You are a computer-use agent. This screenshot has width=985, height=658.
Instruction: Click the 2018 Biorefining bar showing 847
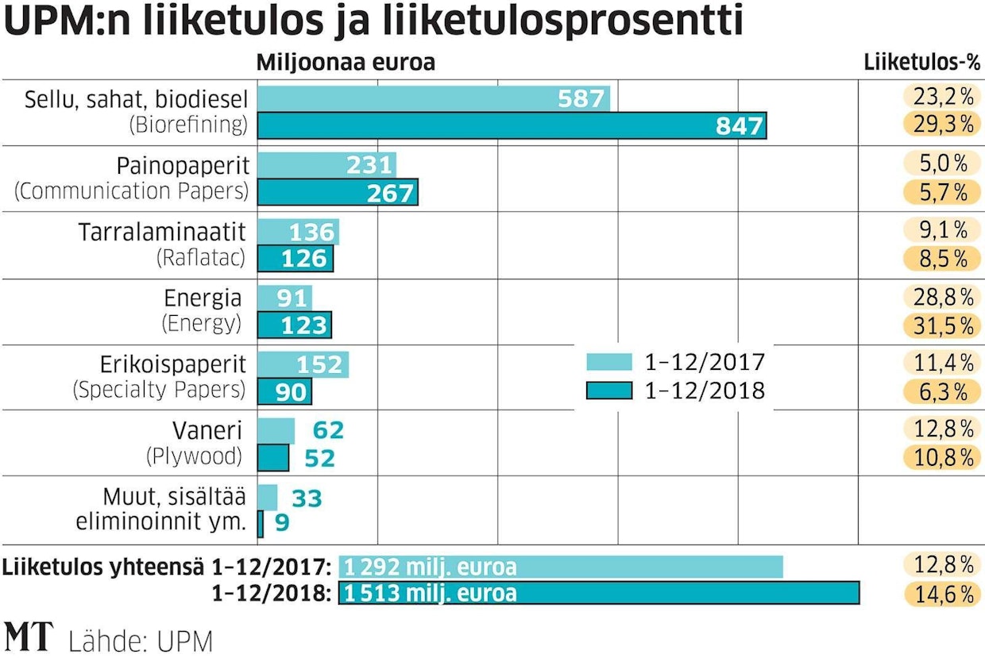[x=512, y=126]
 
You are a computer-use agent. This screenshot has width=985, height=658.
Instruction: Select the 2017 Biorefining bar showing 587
[x=435, y=99]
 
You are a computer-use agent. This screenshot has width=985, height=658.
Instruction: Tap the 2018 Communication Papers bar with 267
[x=338, y=193]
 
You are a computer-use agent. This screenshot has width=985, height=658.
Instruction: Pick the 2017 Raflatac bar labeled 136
[x=299, y=233]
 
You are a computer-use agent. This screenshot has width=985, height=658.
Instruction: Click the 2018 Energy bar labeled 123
[x=295, y=325]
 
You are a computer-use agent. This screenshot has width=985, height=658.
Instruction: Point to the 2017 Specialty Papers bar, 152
[x=303, y=364]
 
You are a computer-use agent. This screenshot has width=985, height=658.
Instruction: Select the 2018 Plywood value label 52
[x=320, y=458]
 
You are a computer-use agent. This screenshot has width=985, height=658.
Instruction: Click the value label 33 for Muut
[x=307, y=498]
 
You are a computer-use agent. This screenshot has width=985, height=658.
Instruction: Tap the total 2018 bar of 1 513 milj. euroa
[x=599, y=593]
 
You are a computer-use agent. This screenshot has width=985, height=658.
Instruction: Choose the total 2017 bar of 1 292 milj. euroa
[x=561, y=567]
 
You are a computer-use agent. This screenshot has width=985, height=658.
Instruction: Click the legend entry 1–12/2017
[x=675, y=363]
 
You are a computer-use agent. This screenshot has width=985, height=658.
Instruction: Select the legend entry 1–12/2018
[x=675, y=391]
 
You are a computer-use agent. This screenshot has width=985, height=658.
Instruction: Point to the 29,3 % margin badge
[x=940, y=125]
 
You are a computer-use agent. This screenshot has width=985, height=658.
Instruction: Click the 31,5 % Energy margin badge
[x=940, y=325]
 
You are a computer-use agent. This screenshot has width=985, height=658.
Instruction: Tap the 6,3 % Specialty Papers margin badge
[x=940, y=391]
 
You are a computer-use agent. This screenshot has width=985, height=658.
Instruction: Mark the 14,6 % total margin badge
[x=940, y=594]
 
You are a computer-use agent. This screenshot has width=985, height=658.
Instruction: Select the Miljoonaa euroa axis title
[x=346, y=62]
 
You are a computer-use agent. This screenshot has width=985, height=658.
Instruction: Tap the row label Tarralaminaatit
[x=163, y=232]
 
